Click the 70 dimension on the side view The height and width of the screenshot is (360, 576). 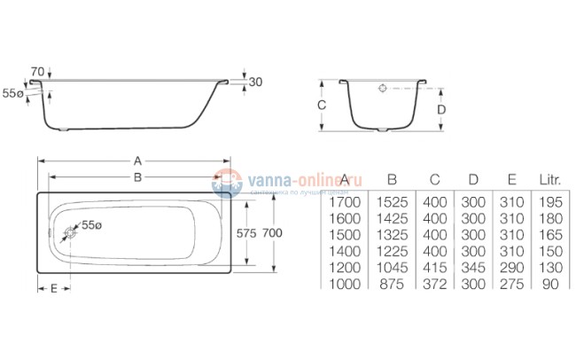click(x=37, y=70)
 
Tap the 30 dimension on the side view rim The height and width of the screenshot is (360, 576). click(x=256, y=82)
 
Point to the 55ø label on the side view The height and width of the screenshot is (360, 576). click(x=12, y=92)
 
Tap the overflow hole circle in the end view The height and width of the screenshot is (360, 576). click(x=382, y=90)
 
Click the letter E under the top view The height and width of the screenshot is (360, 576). click(x=54, y=288)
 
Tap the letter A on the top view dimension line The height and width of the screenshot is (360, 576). click(x=138, y=160)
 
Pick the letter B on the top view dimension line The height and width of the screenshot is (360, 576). click(x=138, y=176)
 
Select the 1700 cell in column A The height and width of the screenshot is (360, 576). click(x=341, y=202)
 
